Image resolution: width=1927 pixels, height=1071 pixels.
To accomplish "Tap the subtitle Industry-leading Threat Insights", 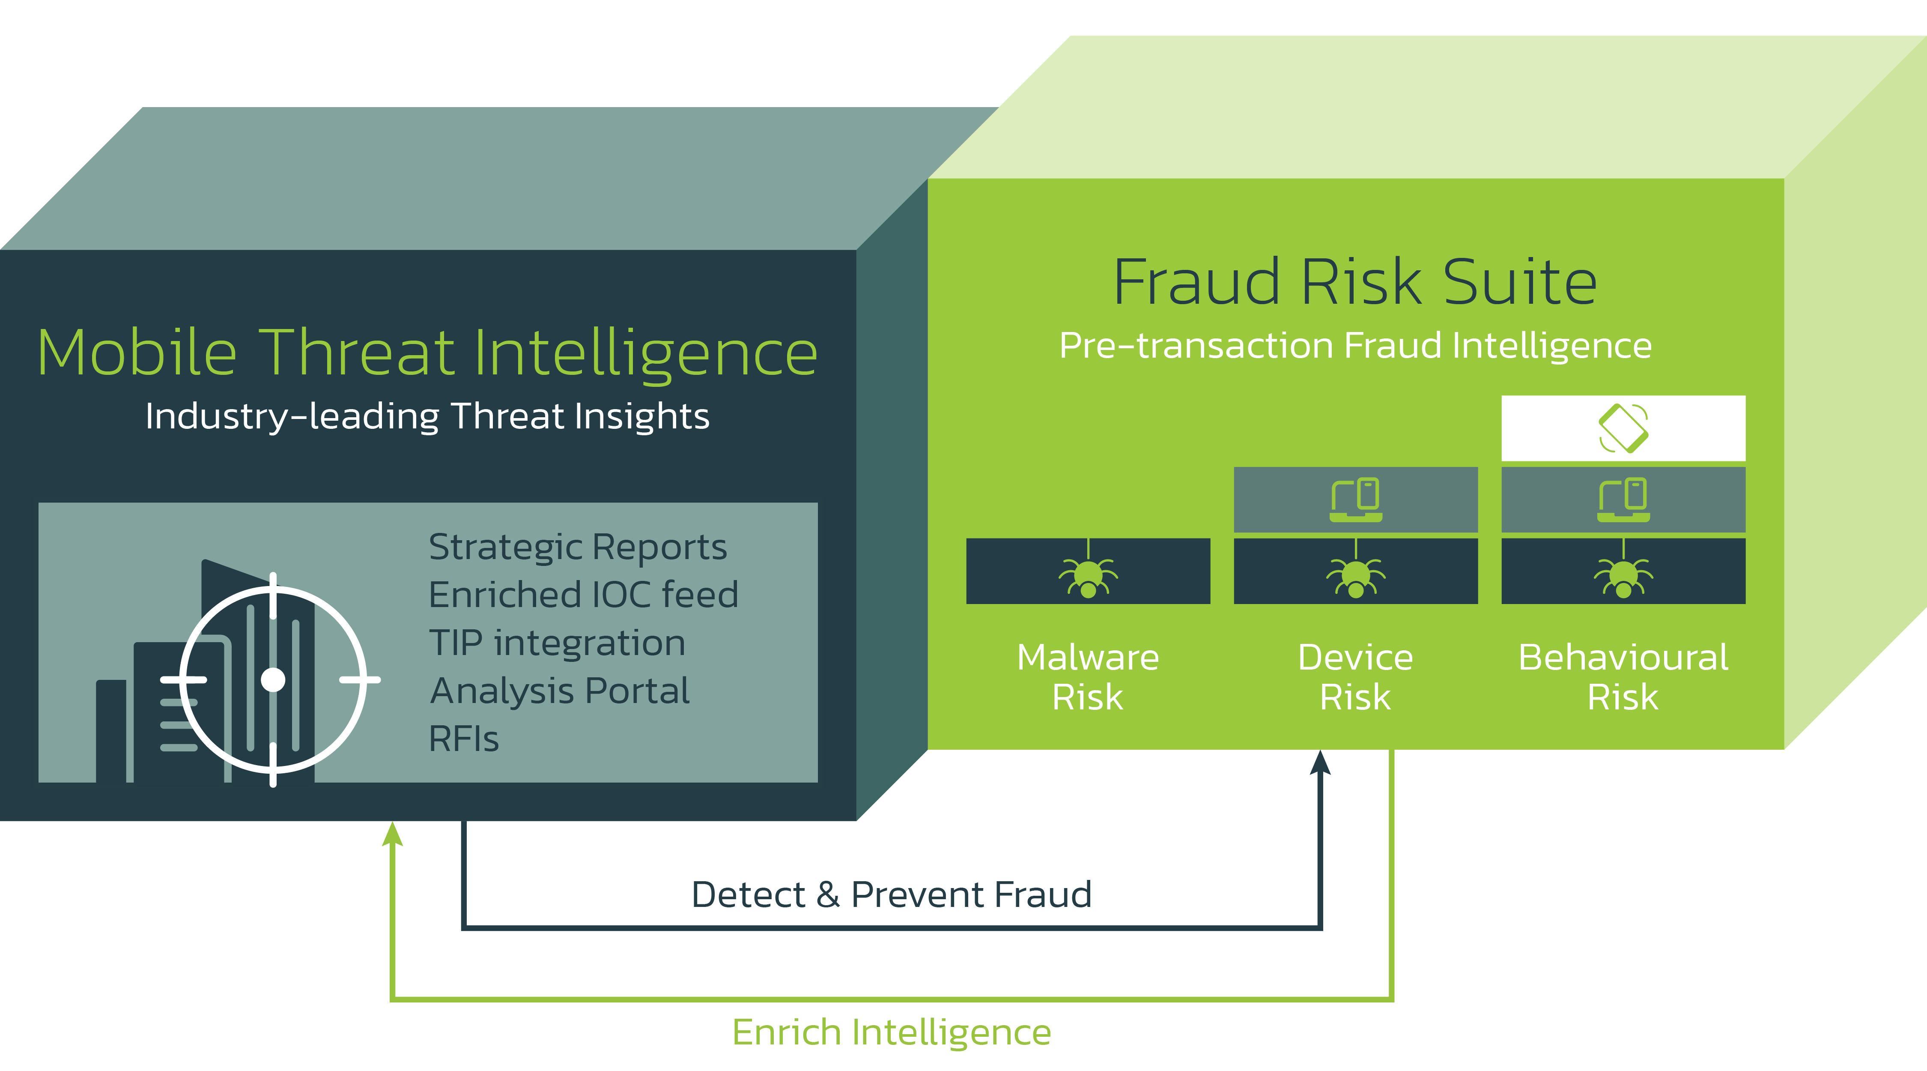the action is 427,416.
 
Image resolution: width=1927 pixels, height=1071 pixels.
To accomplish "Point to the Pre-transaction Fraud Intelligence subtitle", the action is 1355,346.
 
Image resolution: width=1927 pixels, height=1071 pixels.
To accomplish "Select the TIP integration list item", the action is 557,643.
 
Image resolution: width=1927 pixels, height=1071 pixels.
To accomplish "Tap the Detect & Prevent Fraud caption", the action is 892,894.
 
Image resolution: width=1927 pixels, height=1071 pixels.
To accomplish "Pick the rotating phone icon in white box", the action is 1623,428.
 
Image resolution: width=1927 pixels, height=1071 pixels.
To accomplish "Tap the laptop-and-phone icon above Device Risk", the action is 1355,499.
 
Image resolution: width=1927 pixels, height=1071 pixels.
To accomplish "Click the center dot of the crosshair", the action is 273,679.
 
